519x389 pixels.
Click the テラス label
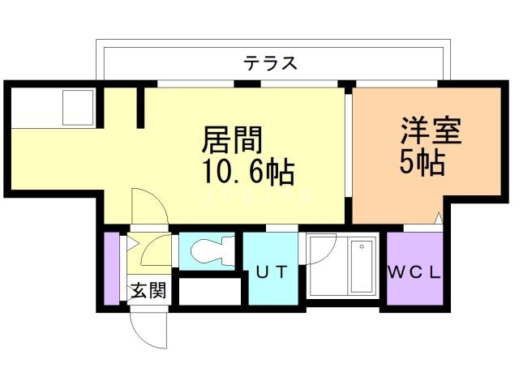pos(270,63)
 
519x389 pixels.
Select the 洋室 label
pos(431,131)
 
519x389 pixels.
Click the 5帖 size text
pos(422,163)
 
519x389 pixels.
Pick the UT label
pos(271,272)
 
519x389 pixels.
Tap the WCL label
pos(414,272)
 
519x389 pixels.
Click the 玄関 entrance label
pos(148,289)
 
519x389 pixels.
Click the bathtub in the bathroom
pos(356,268)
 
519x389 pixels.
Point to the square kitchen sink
pos(79,106)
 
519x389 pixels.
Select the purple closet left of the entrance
pos(111,270)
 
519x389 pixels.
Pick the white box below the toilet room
pos(209,291)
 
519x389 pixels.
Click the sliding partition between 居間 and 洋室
pos(349,154)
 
